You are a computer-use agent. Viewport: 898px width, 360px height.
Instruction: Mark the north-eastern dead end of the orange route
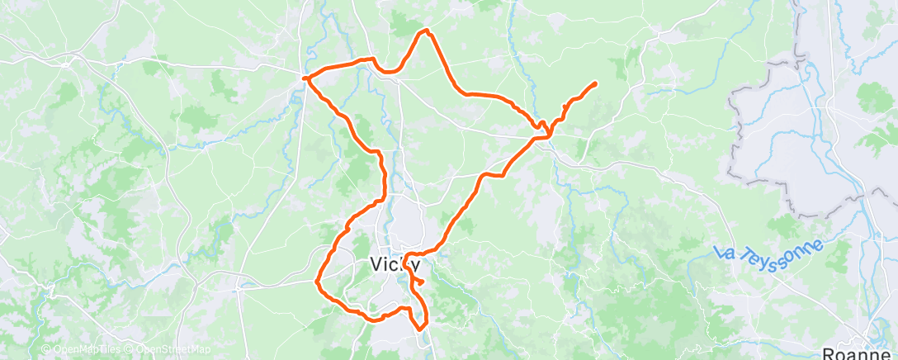(595, 83)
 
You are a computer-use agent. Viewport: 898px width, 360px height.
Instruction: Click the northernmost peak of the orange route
(426, 31)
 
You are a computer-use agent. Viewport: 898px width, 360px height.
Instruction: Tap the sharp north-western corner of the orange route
(305, 78)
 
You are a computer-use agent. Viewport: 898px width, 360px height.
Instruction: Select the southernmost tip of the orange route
(421, 327)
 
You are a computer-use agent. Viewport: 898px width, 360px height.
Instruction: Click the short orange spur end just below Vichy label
(422, 282)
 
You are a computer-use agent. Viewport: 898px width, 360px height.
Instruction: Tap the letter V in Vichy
(371, 265)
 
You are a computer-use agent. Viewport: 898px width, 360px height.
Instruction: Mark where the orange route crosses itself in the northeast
(545, 129)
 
